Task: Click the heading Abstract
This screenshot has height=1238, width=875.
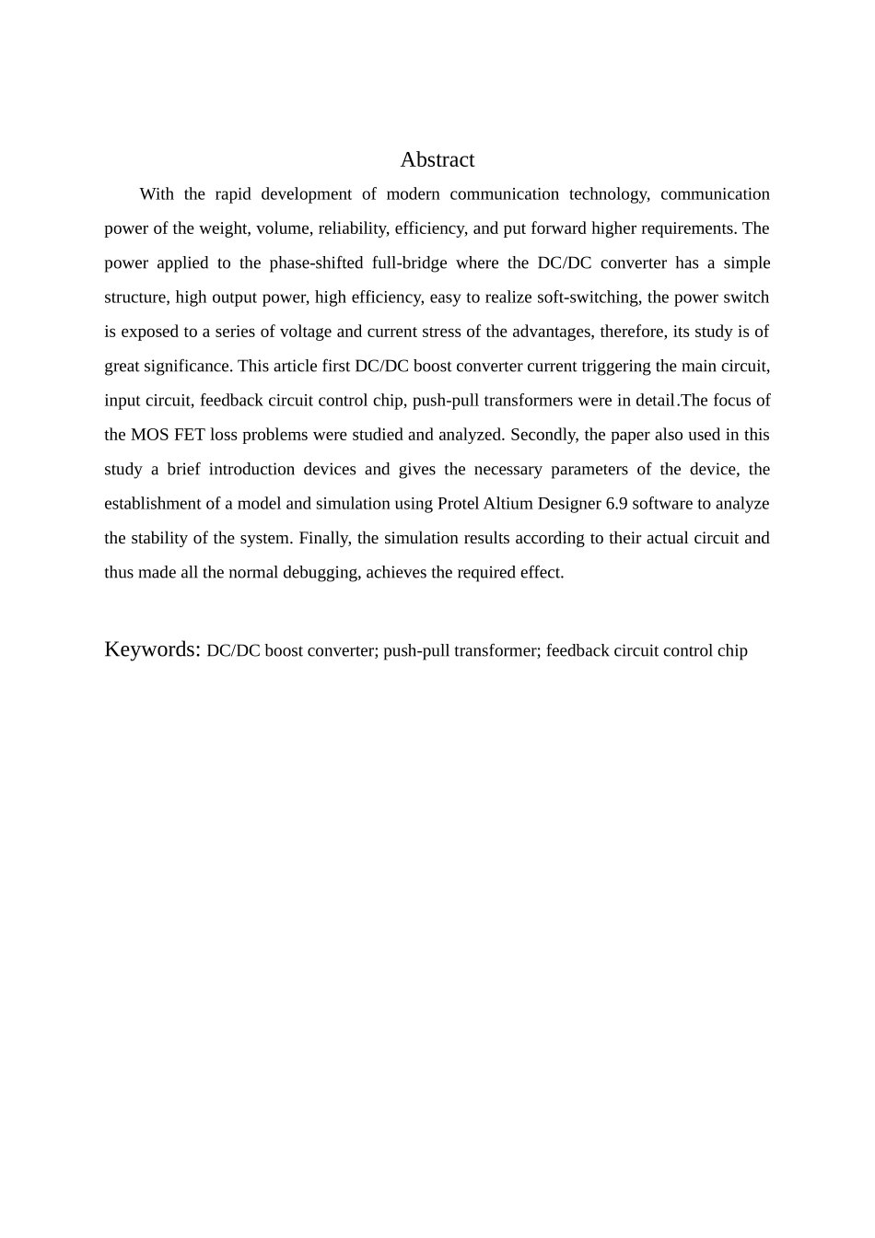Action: point(437,160)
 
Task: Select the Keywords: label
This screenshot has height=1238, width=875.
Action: point(152,649)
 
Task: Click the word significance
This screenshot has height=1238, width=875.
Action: point(186,367)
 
